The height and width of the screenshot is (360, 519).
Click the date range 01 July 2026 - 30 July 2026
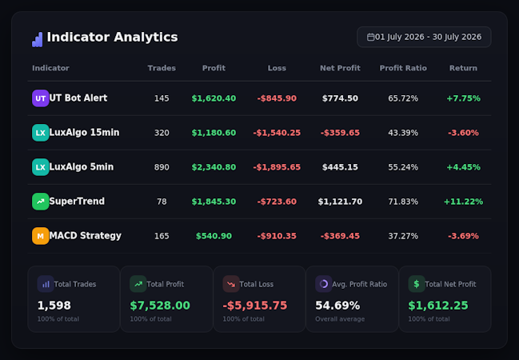click(x=428, y=37)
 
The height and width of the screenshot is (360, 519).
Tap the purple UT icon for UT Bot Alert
click(x=40, y=98)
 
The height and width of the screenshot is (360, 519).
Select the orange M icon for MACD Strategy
click(x=40, y=236)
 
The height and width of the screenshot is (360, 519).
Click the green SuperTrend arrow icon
click(x=40, y=202)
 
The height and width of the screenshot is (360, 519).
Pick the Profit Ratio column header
click(x=403, y=68)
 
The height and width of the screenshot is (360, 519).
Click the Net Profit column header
click(x=340, y=68)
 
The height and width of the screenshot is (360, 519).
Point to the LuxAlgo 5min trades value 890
click(x=162, y=167)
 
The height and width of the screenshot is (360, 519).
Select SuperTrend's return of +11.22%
click(x=463, y=202)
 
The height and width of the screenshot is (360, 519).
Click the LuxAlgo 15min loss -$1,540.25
click(x=277, y=133)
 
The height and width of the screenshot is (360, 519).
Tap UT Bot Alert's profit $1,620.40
click(x=214, y=98)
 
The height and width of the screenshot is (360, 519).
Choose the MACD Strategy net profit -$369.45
click(x=340, y=236)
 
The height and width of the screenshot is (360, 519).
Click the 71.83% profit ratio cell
click(x=403, y=202)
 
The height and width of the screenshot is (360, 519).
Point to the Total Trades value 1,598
click(x=54, y=306)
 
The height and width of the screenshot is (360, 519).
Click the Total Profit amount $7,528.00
click(x=160, y=306)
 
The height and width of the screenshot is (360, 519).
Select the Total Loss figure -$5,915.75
click(x=255, y=306)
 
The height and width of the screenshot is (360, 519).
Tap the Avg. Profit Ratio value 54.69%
click(x=337, y=306)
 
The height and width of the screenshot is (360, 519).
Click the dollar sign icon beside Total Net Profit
click(x=417, y=284)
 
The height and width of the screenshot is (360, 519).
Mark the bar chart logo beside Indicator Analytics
click(x=38, y=39)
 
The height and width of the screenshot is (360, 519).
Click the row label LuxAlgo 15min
click(x=84, y=133)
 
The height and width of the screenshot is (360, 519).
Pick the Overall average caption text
click(x=340, y=319)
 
